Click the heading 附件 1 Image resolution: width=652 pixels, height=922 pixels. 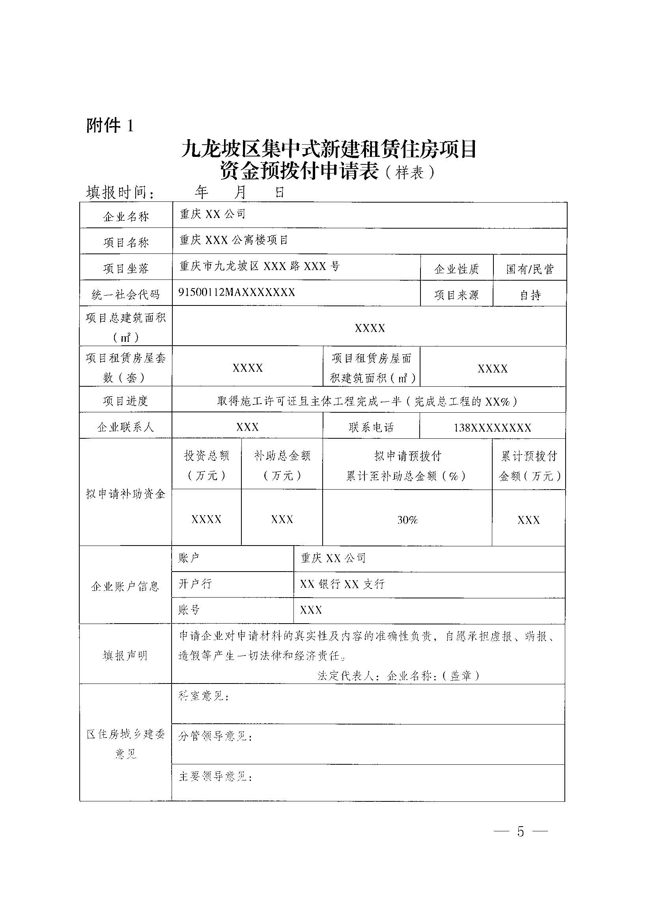point(110,126)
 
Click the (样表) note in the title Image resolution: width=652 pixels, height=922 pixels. point(409,173)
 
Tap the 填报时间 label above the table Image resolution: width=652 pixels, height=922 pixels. point(120,193)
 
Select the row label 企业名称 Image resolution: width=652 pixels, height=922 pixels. point(126,217)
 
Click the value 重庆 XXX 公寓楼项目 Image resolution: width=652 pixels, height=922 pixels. point(234,240)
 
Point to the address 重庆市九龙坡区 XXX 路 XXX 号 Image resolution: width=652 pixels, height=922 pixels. point(260,266)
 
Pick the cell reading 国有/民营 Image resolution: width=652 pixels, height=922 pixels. point(529,269)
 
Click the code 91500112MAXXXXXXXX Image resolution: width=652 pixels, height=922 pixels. point(237,292)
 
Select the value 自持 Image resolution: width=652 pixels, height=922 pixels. point(530,295)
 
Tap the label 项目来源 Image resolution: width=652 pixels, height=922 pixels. point(456,295)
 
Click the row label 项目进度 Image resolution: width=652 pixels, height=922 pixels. point(126,401)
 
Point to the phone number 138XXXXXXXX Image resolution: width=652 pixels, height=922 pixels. point(493,427)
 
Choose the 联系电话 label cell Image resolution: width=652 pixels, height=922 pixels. point(371,427)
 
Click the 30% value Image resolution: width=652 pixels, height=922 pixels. point(407,520)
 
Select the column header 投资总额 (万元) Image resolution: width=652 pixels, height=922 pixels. point(207,466)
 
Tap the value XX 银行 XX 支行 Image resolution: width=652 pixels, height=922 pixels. point(342,584)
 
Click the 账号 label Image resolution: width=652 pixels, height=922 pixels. point(189,609)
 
